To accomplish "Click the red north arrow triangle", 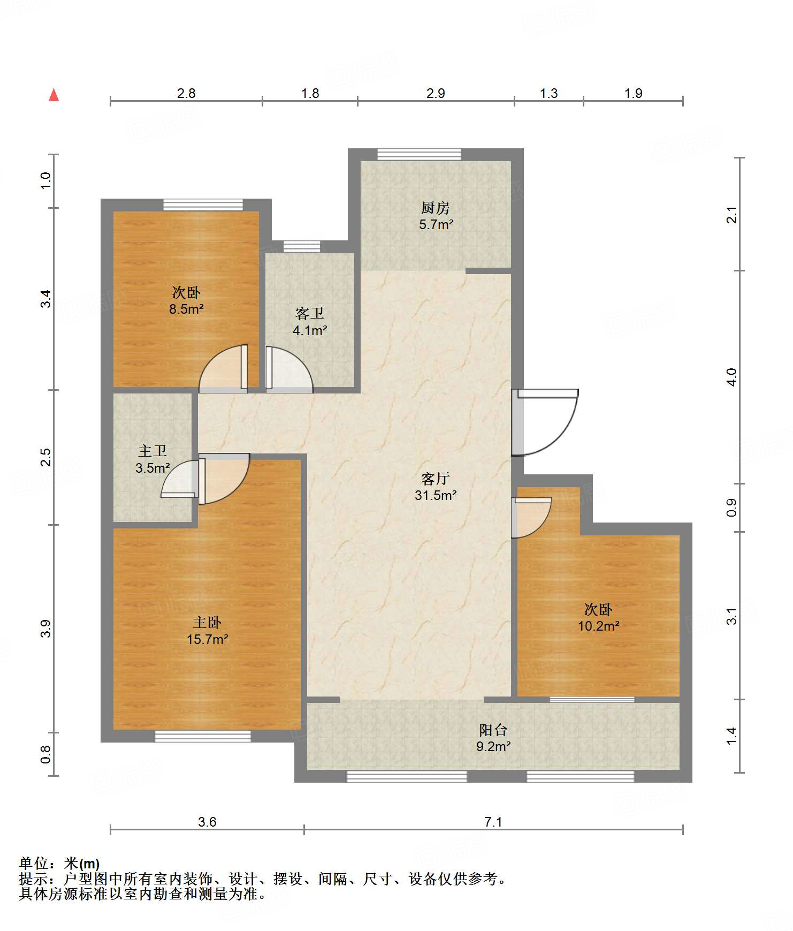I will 54,95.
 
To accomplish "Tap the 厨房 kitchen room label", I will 436,216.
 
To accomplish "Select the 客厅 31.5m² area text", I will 436,487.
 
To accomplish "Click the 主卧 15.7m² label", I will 207,631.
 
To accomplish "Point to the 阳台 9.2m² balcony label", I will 493,738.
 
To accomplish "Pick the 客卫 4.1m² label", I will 310,322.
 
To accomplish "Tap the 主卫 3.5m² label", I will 152,459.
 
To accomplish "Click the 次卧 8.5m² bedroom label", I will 186,300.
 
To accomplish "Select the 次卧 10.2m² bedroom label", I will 598,617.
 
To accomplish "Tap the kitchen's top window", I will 419,154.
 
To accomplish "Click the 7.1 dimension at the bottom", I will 493,822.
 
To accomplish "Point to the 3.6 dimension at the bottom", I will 207,822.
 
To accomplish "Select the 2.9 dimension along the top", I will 436,93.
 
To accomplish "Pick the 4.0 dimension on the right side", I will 731,377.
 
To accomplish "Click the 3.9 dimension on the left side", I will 46,629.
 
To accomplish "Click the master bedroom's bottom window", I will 203,737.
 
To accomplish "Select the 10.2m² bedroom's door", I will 531,517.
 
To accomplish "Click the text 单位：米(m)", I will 59,864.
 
